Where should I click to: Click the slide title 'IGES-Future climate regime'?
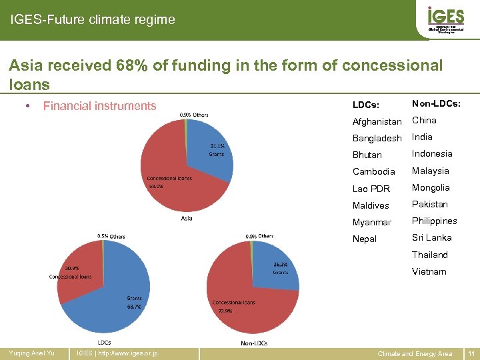pos(93,20)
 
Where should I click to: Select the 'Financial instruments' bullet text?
pos(99,105)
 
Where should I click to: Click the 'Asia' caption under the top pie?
pos(187,219)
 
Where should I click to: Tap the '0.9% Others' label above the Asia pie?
pos(194,115)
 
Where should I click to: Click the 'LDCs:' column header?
pos(366,105)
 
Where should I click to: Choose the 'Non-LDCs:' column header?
pos(436,103)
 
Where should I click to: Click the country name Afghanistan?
pos(377,121)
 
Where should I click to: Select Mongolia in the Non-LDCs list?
pos(431,187)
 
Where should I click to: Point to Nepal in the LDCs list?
pos(365,239)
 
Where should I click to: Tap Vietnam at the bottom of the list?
pos(429,271)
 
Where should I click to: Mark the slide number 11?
pos(471,353)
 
